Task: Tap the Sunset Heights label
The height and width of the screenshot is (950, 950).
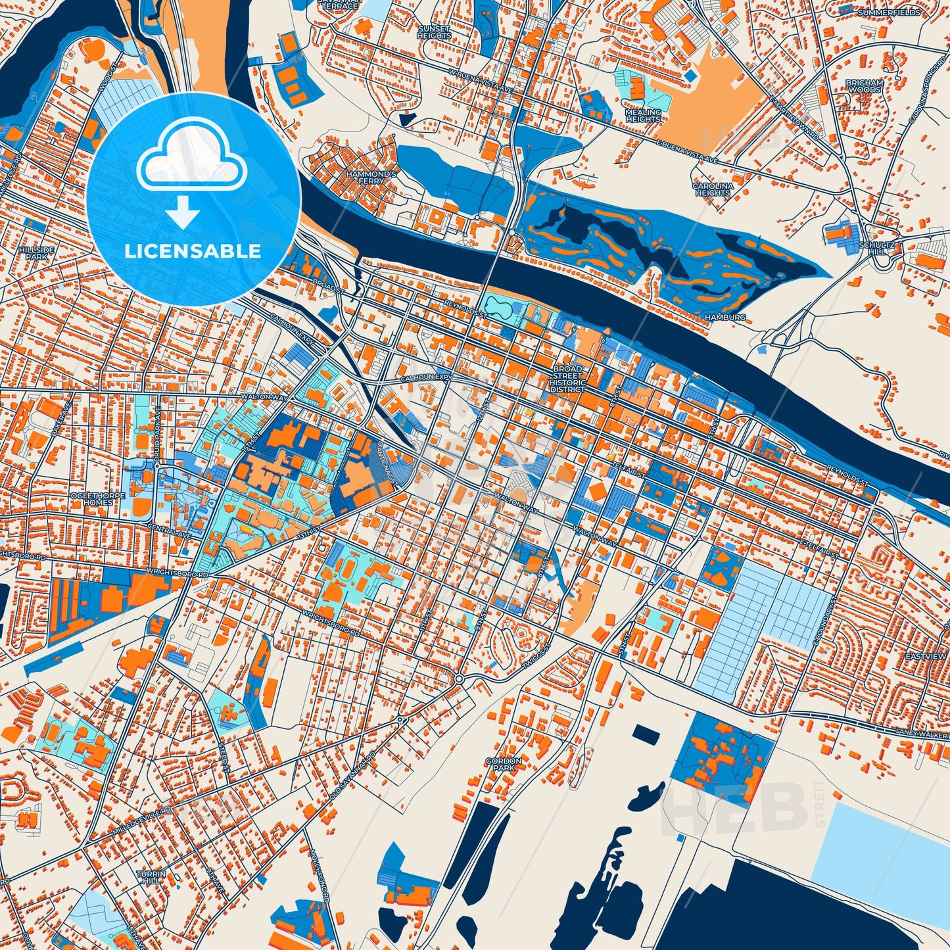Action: tap(434, 32)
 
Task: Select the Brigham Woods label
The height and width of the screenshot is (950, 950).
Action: tap(864, 86)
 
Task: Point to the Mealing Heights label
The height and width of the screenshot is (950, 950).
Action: tap(642, 116)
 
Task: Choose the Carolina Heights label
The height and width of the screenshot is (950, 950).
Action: tap(713, 189)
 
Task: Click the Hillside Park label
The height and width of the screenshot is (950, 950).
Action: tap(46, 254)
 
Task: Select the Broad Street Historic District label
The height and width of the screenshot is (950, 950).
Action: tap(567, 379)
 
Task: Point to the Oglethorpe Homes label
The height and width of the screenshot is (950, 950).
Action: tap(97, 498)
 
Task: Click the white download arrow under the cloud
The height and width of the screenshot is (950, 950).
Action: tap(182, 212)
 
